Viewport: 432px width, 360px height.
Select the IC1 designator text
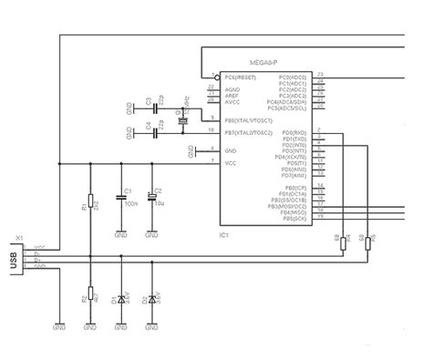[223, 235]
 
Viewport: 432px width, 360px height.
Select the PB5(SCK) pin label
[295, 220]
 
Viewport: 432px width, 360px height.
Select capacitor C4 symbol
[156, 134]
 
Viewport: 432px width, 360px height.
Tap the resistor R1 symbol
[90, 203]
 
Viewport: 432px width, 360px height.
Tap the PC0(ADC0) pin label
[294, 77]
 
